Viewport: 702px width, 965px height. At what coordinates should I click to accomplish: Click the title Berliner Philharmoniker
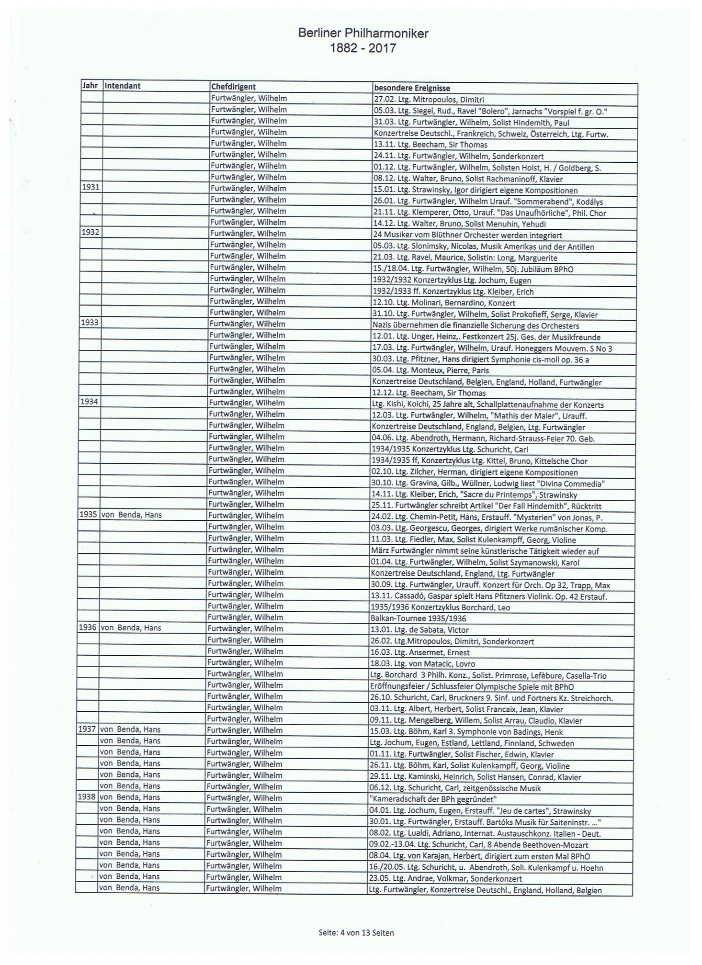coord(362,34)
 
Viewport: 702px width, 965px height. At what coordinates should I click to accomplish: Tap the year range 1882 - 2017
coord(362,48)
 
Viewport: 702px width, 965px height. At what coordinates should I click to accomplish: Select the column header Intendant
coord(123,87)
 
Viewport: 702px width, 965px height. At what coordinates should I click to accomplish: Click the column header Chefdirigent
coord(233,87)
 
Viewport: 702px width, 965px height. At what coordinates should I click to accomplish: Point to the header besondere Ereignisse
coord(411,88)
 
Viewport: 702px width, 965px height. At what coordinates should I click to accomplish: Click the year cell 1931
coord(91,187)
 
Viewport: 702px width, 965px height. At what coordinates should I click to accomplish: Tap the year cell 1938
coord(87,797)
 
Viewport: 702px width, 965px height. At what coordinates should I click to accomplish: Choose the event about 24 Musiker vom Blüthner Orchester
coord(467,236)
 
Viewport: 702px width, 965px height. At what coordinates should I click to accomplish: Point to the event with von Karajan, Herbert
coord(479,856)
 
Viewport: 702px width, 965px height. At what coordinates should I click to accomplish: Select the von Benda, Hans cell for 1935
coord(131,516)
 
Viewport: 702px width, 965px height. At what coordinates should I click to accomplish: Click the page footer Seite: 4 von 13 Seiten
coord(356,932)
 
